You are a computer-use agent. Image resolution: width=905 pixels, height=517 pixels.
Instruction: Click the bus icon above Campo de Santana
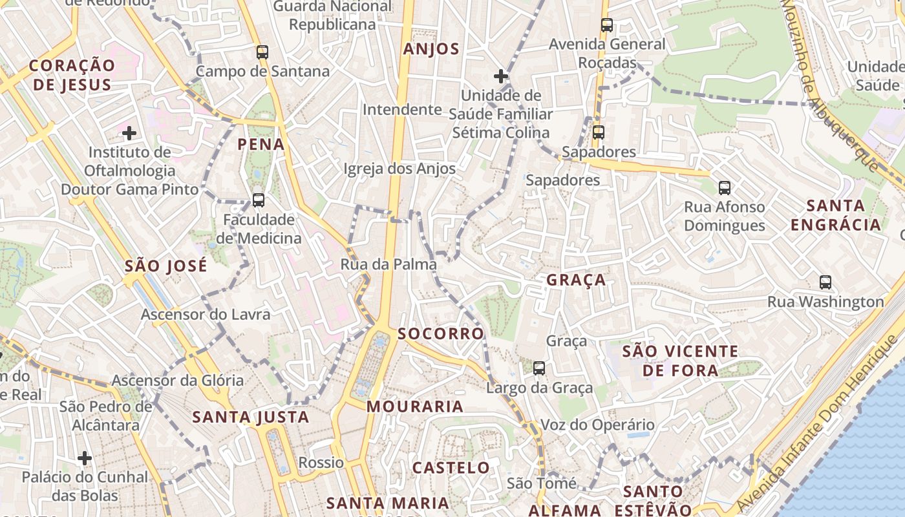262,52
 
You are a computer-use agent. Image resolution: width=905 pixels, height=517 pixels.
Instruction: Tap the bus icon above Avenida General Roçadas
606,25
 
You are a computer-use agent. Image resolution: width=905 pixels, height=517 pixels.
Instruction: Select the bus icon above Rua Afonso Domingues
724,188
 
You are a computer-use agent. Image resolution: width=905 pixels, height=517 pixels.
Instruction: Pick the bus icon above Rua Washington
825,282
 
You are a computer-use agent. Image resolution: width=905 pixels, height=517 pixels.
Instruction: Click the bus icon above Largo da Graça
538,368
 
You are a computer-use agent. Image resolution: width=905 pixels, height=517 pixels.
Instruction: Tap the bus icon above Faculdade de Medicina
258,200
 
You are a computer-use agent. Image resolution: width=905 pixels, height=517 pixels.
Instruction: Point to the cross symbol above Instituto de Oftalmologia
129,134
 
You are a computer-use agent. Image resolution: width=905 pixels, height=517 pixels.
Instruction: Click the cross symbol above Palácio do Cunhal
84,458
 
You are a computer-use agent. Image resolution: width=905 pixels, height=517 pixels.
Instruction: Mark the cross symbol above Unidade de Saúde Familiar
500,76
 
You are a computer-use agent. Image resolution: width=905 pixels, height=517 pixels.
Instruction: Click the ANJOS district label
431,49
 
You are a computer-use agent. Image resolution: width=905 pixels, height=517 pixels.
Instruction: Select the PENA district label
261,144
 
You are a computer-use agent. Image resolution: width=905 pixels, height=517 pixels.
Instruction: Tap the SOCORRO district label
441,333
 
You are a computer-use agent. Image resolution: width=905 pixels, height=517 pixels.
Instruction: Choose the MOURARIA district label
415,406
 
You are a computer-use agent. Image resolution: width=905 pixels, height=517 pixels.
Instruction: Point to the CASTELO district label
451,467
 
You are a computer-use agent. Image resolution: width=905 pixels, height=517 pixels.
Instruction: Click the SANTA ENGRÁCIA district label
836,215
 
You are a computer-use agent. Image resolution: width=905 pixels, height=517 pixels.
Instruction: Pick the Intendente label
402,110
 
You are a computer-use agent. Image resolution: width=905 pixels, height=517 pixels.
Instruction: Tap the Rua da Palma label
389,264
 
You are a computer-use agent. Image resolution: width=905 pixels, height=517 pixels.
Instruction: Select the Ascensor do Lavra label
206,315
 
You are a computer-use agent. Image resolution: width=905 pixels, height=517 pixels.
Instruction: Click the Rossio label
321,463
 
